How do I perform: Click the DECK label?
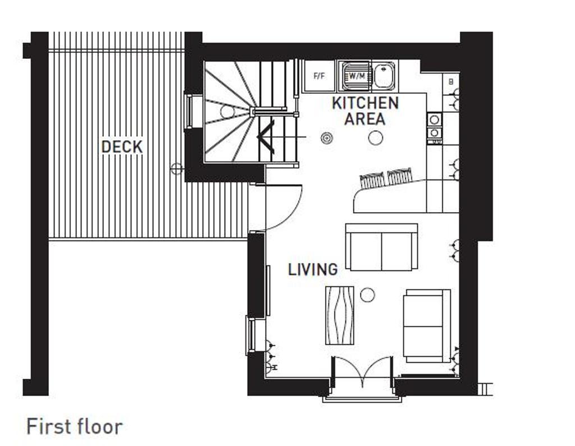coord(122,147)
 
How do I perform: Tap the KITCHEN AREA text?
coord(365,111)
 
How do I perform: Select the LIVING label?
coord(313,270)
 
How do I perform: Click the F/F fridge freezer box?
coord(319,76)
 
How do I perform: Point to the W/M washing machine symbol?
coord(355,76)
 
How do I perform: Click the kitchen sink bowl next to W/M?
coord(385,76)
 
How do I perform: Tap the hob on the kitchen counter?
coord(434,126)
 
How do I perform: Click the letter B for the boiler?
coord(451,82)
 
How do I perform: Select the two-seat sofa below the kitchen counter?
coord(381,247)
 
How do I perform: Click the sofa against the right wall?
coord(427,326)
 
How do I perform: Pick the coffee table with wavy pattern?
coord(340,315)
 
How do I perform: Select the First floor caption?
coord(74,426)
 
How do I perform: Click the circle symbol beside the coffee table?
coord(367,294)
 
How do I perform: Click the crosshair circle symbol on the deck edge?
coord(177,167)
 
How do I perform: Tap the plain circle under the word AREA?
coord(375,137)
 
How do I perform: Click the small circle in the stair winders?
coord(227,111)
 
